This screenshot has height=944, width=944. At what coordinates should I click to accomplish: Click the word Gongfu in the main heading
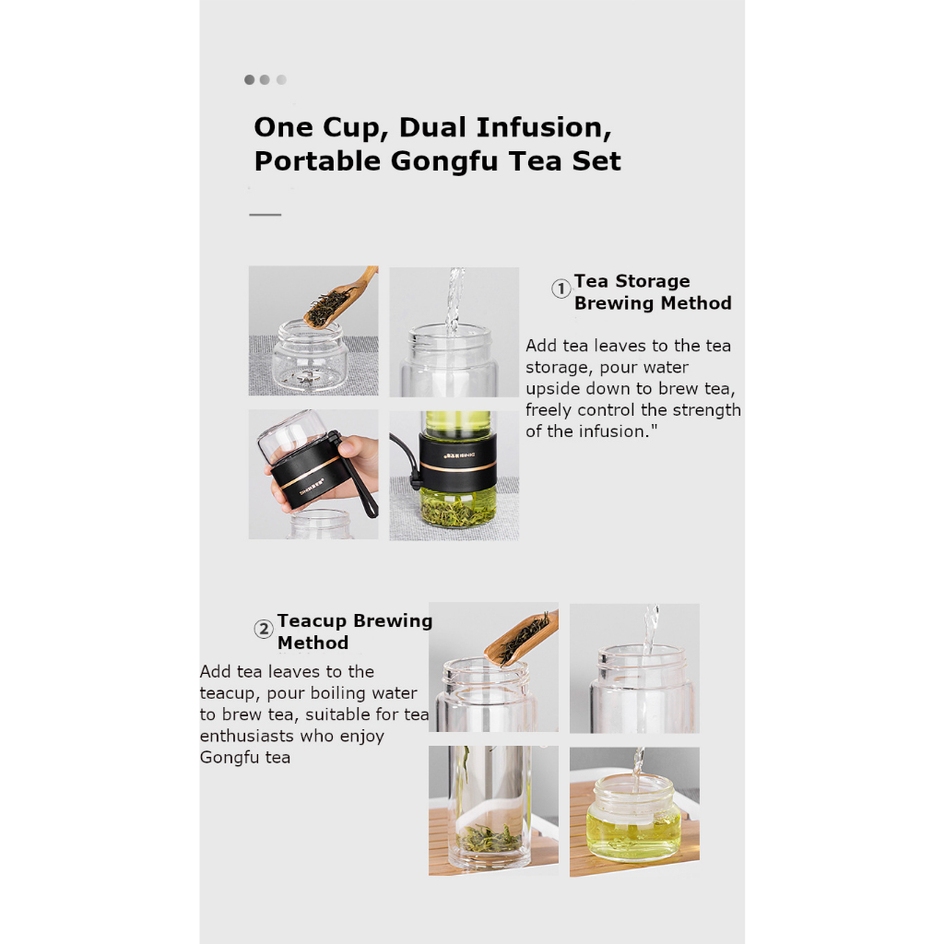coord(444,161)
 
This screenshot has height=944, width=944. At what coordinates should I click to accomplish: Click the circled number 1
coord(561,289)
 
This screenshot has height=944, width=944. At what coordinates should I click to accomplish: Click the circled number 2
coord(264,629)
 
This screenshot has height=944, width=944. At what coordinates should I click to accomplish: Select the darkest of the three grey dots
coord(249,79)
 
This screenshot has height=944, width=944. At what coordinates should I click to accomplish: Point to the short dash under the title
coord(265,214)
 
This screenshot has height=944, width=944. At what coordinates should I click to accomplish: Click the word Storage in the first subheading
coord(653,281)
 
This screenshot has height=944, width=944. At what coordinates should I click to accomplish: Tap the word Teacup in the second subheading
coord(313,620)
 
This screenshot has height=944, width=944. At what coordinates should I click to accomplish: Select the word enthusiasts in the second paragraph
coord(246,736)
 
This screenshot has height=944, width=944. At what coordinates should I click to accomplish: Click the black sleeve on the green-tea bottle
coord(457,461)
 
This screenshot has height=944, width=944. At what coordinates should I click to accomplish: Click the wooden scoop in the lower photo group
coord(522,638)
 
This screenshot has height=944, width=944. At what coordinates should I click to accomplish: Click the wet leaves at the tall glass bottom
coord(489,838)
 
